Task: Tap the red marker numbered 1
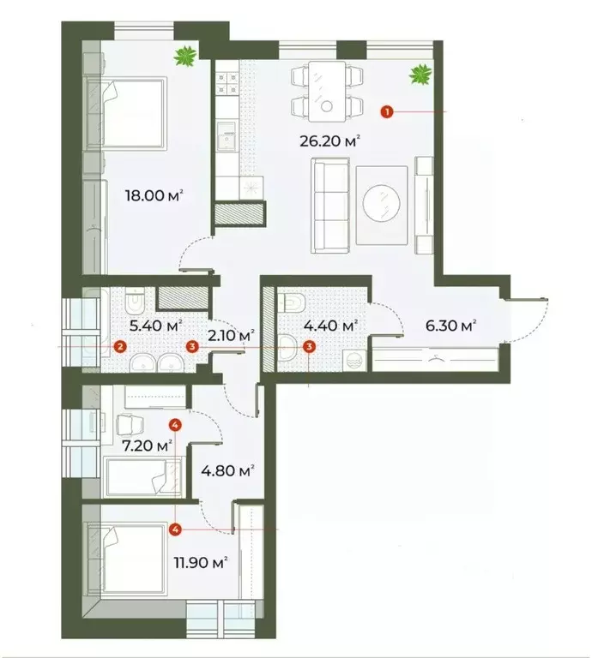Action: coord(388,111)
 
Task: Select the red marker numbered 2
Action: coord(120,346)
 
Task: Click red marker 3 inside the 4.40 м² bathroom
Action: coord(310,346)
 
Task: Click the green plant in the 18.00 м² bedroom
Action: coord(184,58)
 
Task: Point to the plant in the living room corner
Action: coord(420,75)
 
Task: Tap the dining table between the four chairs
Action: coord(326,91)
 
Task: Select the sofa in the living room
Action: coord(328,205)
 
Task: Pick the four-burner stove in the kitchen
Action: coord(227,84)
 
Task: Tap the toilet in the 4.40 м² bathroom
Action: coord(290,302)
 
